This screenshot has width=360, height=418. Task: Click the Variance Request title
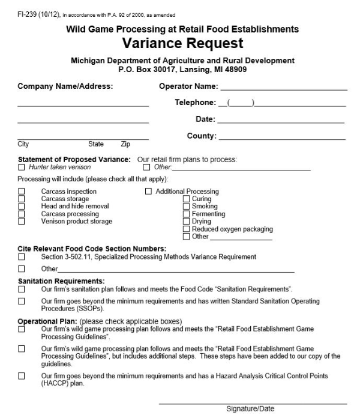[183, 43]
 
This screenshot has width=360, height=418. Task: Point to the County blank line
[282, 138]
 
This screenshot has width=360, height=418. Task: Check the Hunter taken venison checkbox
[22, 167]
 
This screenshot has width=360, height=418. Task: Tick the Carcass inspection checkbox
[22, 192]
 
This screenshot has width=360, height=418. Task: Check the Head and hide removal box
[22, 206]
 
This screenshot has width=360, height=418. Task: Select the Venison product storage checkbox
[22, 221]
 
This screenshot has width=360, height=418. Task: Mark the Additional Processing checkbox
[149, 192]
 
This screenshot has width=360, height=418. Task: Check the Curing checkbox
[186, 199]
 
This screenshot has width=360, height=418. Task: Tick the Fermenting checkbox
[186, 214]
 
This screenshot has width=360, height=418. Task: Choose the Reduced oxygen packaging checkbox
[186, 229]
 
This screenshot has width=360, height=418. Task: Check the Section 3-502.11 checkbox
[22, 257]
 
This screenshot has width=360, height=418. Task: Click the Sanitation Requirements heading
[61, 281]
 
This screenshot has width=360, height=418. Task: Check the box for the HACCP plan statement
[22, 376]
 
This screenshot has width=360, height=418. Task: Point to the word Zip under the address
[125, 144]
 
